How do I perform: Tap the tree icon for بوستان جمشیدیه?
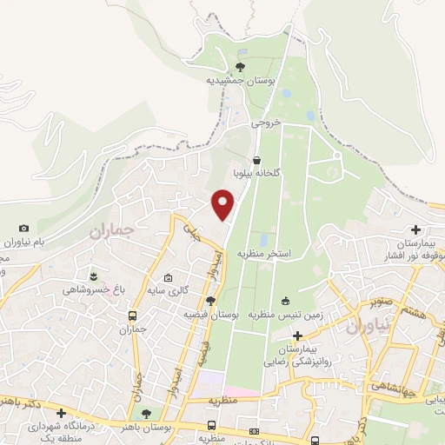(x=240, y=66)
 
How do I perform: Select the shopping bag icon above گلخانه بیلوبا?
(x=257, y=160)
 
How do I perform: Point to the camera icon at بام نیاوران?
(x=23, y=228)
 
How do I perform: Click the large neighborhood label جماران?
(x=113, y=231)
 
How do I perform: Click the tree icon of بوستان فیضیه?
(x=210, y=299)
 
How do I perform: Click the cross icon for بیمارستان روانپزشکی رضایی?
(x=297, y=335)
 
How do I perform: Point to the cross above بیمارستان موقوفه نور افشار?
(x=416, y=230)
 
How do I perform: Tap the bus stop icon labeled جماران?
(x=132, y=316)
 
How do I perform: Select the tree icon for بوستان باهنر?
(x=146, y=414)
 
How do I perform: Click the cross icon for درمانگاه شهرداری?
(x=61, y=414)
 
